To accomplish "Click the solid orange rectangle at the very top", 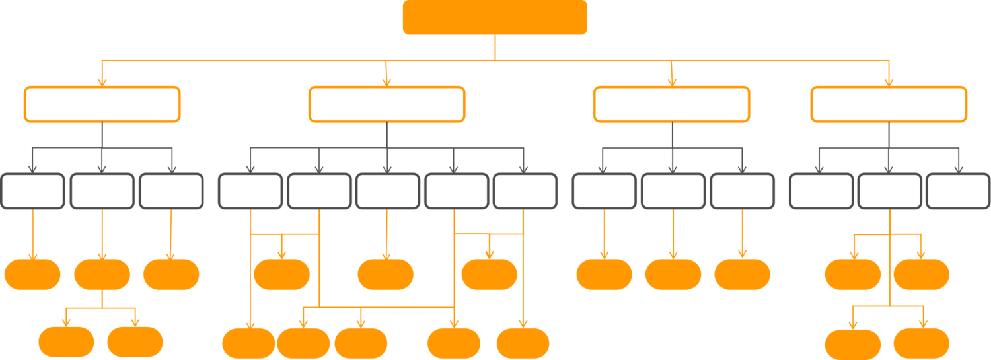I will pyautogui.click(x=494, y=17).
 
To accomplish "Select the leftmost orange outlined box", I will pyautogui.click(x=102, y=104).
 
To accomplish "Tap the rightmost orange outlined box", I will pyautogui.click(x=889, y=104).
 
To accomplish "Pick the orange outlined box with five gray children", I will pyautogui.click(x=386, y=104).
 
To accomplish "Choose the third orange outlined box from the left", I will pyautogui.click(x=671, y=104).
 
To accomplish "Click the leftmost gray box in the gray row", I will pyautogui.click(x=33, y=191).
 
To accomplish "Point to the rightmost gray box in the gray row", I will pyautogui.click(x=957, y=191).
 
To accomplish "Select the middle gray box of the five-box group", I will pyautogui.click(x=387, y=191).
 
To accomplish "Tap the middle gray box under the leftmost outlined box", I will pyautogui.click(x=102, y=191).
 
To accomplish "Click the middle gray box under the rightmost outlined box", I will pyautogui.click(x=889, y=191).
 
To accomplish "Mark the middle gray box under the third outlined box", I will pyautogui.click(x=673, y=191).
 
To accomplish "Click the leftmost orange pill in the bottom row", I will pyautogui.click(x=66, y=342).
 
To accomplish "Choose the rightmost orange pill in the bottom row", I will pyautogui.click(x=921, y=343).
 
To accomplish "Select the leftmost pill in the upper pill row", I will pyautogui.click(x=32, y=275).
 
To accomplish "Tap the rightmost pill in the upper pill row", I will pyautogui.click(x=921, y=275).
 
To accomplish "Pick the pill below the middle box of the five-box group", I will pyautogui.click(x=386, y=275).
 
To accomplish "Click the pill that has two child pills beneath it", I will pyautogui.click(x=102, y=275).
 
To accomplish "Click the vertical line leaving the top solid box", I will pyautogui.click(x=494, y=48).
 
